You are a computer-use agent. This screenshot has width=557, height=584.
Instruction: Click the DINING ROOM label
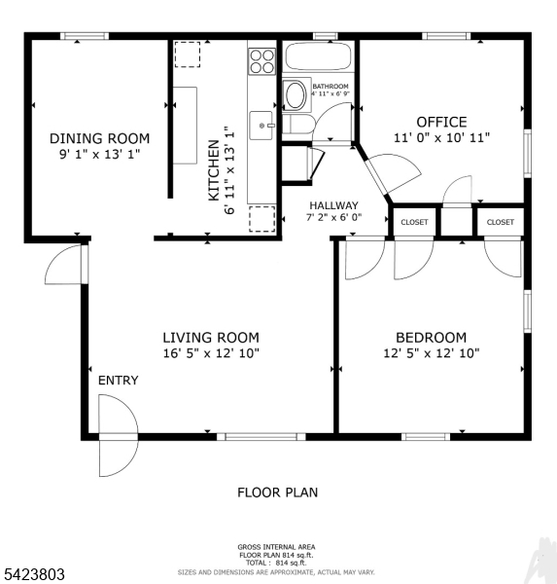(x=100, y=138)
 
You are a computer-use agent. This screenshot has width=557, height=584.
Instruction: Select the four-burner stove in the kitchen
(x=261, y=61)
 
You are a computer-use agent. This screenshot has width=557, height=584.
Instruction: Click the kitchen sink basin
(x=261, y=124)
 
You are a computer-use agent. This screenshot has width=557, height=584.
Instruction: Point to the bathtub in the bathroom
(x=317, y=57)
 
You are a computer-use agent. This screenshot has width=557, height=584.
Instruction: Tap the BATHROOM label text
(x=331, y=86)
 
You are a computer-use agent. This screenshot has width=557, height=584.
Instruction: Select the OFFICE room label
(x=441, y=122)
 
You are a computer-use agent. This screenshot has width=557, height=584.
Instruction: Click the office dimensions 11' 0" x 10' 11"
(x=441, y=138)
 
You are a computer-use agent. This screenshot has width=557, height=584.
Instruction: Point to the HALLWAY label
(x=334, y=205)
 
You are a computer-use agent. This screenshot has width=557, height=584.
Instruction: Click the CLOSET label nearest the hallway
(x=414, y=222)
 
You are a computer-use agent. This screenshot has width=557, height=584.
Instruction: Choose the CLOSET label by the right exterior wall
(x=501, y=222)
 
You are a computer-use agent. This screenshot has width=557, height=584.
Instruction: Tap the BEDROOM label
(x=431, y=337)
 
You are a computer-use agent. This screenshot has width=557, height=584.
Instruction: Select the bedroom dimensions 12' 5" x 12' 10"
(x=431, y=353)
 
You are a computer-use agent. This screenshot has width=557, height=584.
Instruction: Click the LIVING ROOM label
(x=211, y=337)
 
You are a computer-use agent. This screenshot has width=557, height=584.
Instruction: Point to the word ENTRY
(x=118, y=381)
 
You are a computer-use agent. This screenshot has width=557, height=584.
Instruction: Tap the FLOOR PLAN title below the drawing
(x=277, y=493)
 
